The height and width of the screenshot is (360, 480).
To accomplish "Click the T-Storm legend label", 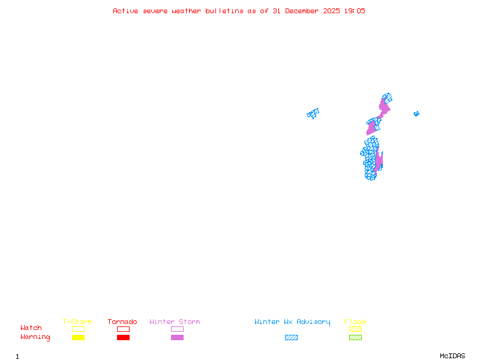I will [x=77, y=322].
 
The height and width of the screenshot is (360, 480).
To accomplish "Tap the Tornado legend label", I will [x=122, y=322].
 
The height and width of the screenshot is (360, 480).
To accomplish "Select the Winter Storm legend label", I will [x=175, y=322].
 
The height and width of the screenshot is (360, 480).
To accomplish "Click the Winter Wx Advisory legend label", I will [x=292, y=322].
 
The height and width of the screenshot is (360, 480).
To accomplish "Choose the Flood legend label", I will [x=355, y=322].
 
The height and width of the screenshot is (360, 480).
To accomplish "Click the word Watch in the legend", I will [x=31, y=328].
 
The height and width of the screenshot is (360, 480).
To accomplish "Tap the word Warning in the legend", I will [x=35, y=337].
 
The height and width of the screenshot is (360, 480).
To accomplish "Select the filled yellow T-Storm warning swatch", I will [x=78, y=338].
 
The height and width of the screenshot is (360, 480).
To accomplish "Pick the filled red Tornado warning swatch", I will [x=123, y=338].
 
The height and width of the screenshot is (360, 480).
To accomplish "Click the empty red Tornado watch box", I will [x=123, y=329].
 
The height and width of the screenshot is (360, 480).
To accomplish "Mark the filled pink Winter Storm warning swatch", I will [x=177, y=338].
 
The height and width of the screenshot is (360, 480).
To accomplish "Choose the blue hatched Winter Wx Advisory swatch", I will [x=291, y=338].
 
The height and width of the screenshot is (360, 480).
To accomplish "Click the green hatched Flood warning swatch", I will [x=355, y=338].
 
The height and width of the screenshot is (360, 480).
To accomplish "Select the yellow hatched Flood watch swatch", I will [x=355, y=329].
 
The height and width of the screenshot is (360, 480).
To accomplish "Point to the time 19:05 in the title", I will [x=353, y=11].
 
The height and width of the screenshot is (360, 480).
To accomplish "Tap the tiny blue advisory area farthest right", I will [x=416, y=113].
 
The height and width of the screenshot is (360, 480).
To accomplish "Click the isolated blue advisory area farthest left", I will [x=313, y=113].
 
